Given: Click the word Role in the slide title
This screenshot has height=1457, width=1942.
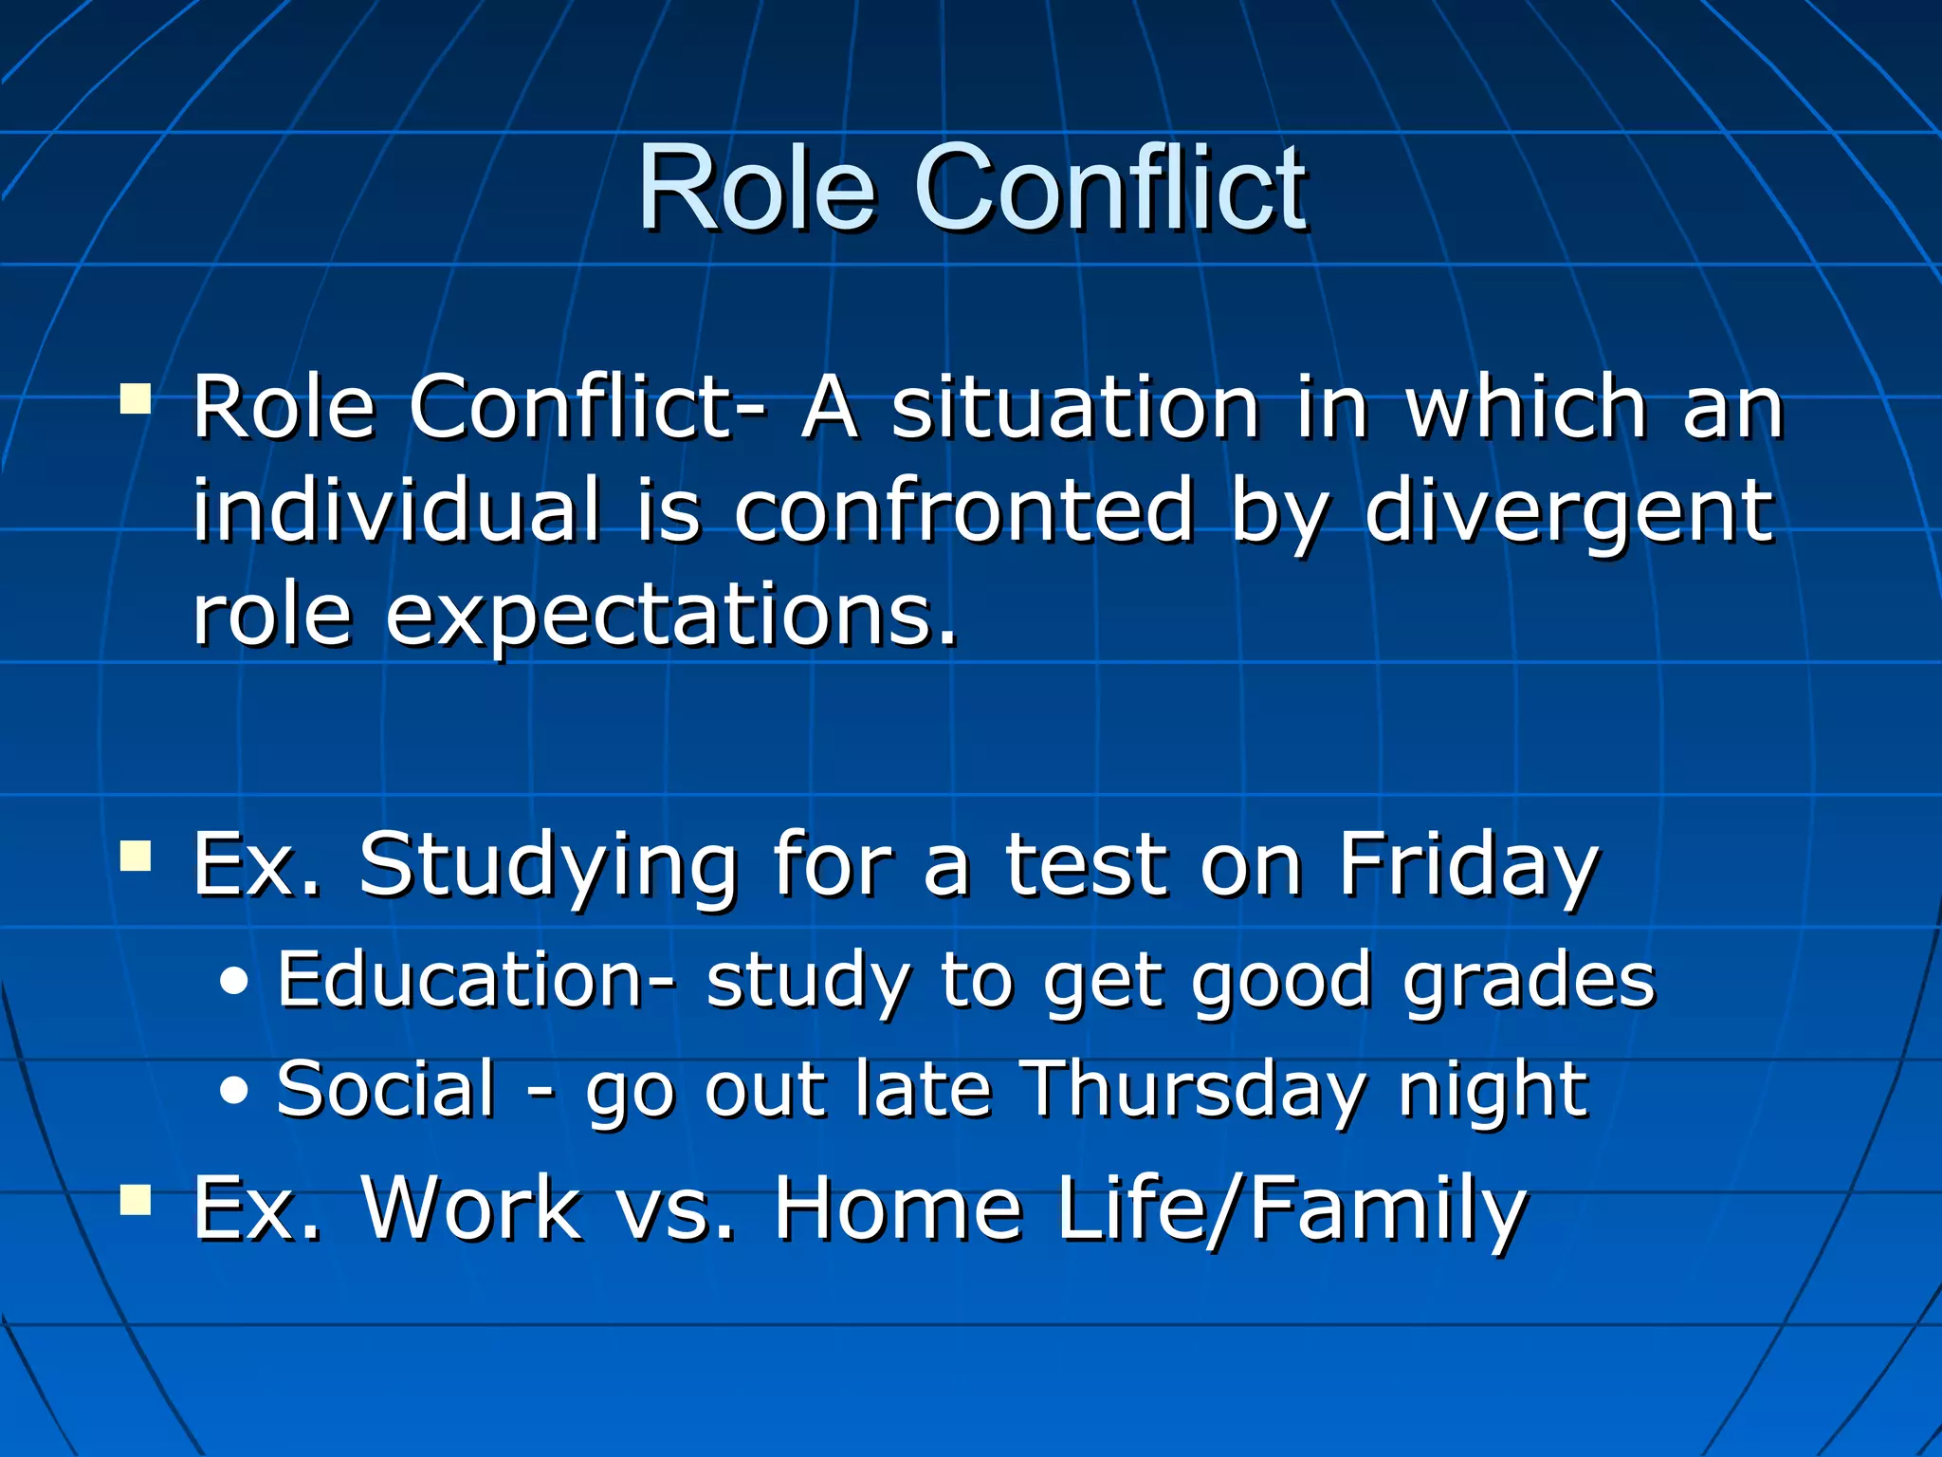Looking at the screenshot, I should pyautogui.click(x=756, y=187).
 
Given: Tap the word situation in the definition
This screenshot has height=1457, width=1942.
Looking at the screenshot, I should pyautogui.click(x=1075, y=408).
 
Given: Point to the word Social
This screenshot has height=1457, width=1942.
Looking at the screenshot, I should pyautogui.click(x=386, y=1088).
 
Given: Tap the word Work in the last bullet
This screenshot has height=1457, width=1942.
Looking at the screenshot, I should pyautogui.click(x=471, y=1208).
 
